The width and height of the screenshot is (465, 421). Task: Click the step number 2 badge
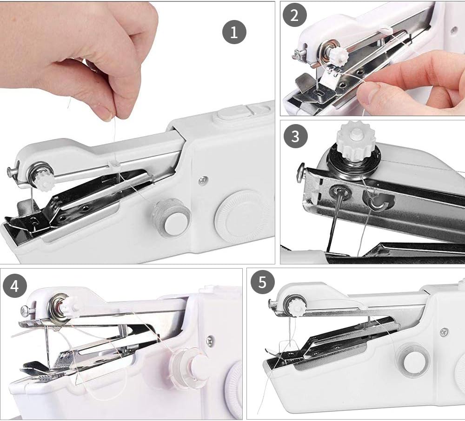(294, 15)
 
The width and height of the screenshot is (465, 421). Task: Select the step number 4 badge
(15, 286)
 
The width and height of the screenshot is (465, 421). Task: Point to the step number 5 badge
(263, 283)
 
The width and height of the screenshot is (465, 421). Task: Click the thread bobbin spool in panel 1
(171, 217)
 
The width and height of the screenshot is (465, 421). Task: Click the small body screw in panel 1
(203, 180)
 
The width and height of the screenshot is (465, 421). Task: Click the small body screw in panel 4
(210, 341)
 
